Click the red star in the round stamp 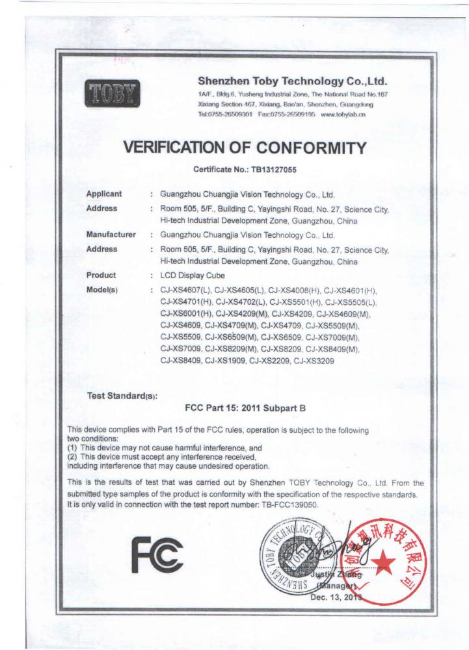pos(382,558)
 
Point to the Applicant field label pos(104,194)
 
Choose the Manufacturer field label pos(111,234)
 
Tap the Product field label pos(101,275)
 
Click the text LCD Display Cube pos(187,275)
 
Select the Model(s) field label pos(102,289)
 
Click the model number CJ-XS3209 pos(315,362)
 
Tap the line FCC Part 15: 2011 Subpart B pos(245,409)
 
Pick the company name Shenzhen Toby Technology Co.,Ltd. pos(292,81)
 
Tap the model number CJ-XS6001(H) pos(186,313)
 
